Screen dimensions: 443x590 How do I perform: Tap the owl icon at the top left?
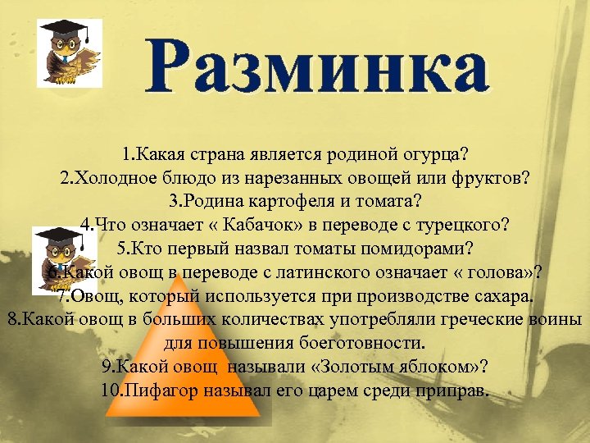[x=70, y=53]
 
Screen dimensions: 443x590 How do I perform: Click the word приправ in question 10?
[x=455, y=389]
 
